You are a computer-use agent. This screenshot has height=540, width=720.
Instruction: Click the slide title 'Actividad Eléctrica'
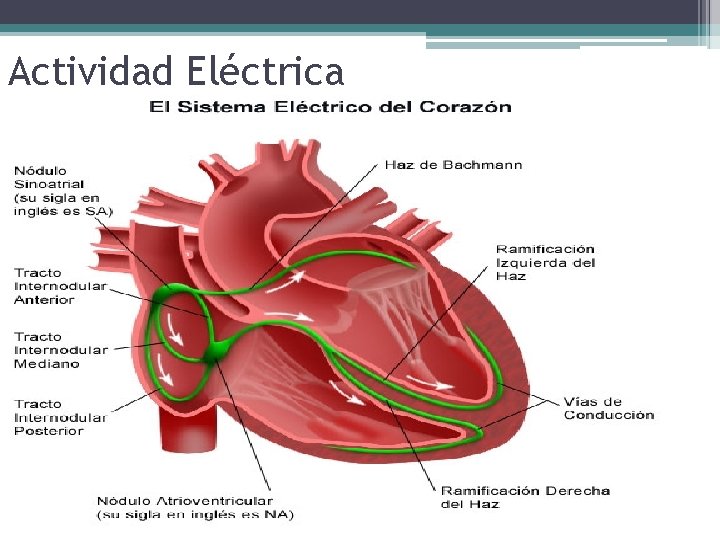point(175,71)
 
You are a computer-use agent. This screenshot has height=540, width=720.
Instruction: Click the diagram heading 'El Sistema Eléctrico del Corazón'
point(330,107)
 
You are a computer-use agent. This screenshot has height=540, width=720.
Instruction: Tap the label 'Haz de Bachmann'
point(453,165)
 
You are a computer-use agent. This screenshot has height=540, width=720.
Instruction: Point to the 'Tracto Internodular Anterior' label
point(60,286)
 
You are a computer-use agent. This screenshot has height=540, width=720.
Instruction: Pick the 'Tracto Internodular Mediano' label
point(60,350)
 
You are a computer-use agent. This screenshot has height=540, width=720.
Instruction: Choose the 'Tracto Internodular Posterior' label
point(60,417)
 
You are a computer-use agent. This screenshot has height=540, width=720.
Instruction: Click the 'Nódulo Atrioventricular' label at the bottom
point(184,500)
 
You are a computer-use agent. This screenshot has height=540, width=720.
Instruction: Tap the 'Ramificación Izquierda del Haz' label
point(546,262)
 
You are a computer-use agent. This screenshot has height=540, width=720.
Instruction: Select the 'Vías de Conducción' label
point(608,408)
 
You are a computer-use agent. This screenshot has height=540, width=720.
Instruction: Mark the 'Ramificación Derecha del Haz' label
point(525,497)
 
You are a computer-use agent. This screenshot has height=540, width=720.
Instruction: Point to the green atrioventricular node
point(218,350)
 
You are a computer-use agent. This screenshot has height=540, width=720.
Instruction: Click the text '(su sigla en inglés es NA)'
point(195,514)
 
